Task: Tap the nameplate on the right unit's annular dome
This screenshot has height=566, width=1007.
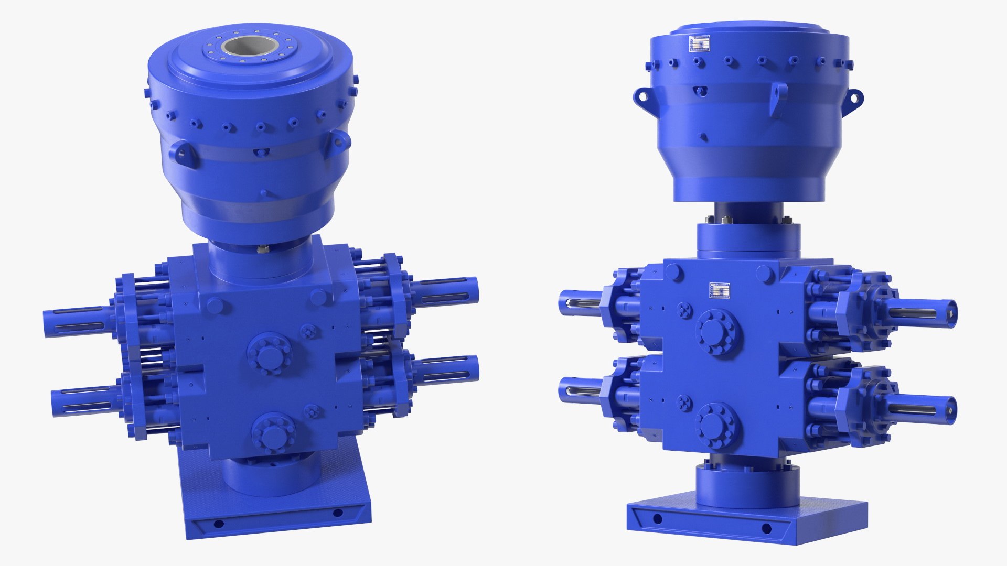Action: (x=699, y=44)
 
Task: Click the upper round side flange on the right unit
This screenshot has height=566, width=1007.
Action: (x=719, y=332)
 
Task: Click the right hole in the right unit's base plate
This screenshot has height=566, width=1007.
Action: (x=766, y=528)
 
